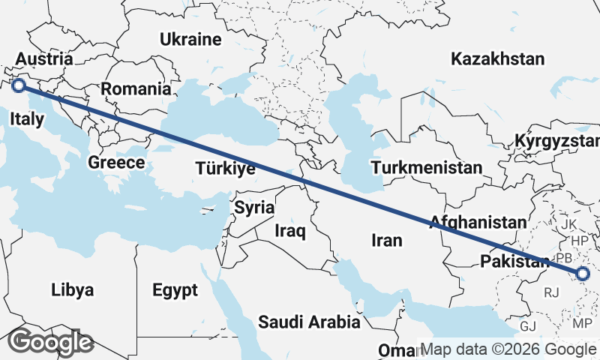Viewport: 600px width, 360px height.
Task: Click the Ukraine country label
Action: tap(191, 40)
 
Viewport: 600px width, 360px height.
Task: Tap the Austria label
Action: tap(43, 59)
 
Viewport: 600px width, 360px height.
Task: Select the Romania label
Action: tap(136, 88)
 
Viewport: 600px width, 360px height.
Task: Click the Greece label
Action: tap(116, 163)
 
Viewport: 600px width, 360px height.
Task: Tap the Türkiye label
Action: tap(225, 169)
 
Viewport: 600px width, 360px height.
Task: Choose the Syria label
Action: tap(254, 208)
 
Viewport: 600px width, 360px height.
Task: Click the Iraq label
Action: tap(290, 231)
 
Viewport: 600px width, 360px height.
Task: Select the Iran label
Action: tap(387, 240)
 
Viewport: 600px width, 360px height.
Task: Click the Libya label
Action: tap(73, 289)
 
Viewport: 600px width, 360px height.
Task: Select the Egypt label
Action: tap(175, 289)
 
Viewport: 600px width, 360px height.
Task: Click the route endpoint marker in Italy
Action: tap(19, 86)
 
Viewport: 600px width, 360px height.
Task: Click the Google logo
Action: tap(50, 342)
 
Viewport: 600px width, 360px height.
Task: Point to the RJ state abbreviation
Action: tap(553, 292)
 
